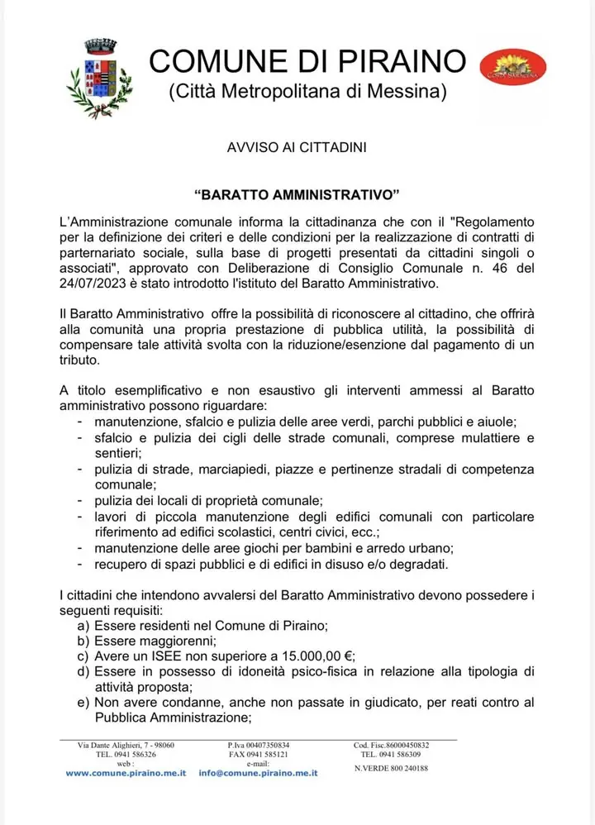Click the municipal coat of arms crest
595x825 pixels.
100,78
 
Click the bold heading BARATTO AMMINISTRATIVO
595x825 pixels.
297,197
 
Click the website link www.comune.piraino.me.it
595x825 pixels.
126,772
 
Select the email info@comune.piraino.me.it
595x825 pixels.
259,772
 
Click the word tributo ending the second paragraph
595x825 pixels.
85,361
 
